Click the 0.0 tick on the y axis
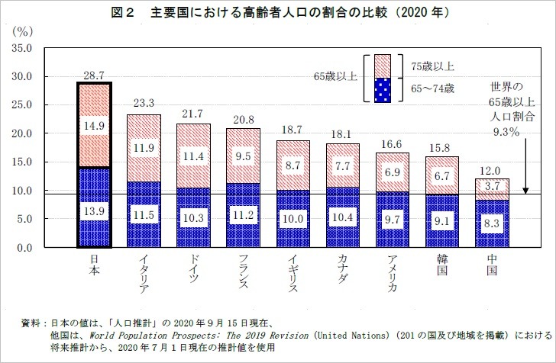point(24,249)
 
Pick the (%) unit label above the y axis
point(23,32)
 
